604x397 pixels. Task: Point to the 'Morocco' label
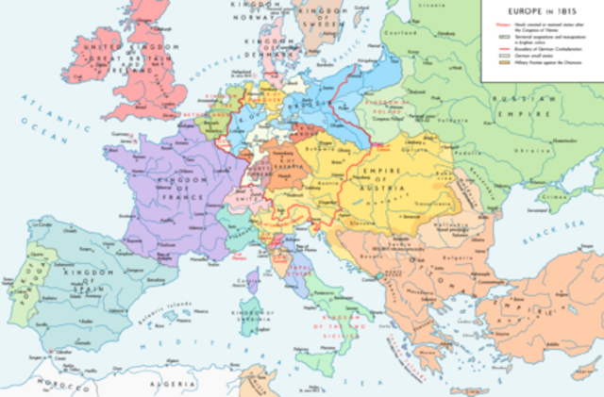point(43,386)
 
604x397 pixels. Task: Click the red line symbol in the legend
point(491,47)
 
